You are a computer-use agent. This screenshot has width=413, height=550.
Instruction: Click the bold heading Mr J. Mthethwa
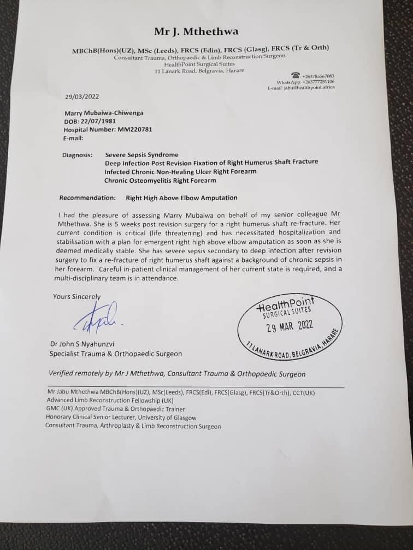click(x=196, y=32)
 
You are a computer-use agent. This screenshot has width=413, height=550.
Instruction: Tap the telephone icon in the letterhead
click(x=296, y=75)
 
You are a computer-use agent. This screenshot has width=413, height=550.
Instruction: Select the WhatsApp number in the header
click(x=318, y=82)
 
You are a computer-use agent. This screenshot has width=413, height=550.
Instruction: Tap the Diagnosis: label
click(x=77, y=155)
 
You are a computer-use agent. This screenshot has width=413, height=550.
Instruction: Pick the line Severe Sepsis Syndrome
click(x=141, y=154)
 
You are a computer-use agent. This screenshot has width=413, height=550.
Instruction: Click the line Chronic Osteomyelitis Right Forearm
click(x=160, y=180)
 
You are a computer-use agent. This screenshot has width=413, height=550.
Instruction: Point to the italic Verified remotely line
click(x=177, y=374)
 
